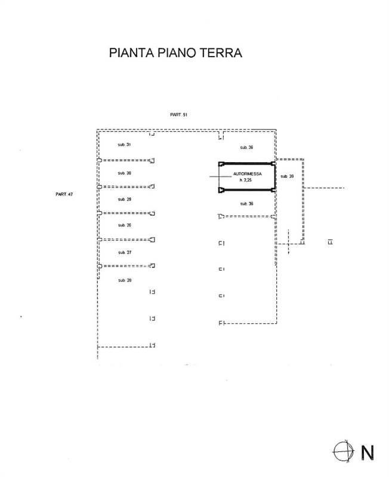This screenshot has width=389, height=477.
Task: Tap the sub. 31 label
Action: pos(125,145)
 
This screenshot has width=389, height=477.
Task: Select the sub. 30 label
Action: pos(125,173)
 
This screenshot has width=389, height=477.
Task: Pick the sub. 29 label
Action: pos(125,199)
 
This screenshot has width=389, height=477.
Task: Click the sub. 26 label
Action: pos(125,225)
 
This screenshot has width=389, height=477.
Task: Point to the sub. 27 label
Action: pos(125,253)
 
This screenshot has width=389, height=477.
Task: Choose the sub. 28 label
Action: pos(125,280)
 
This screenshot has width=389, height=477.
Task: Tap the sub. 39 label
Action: pos(287,176)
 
